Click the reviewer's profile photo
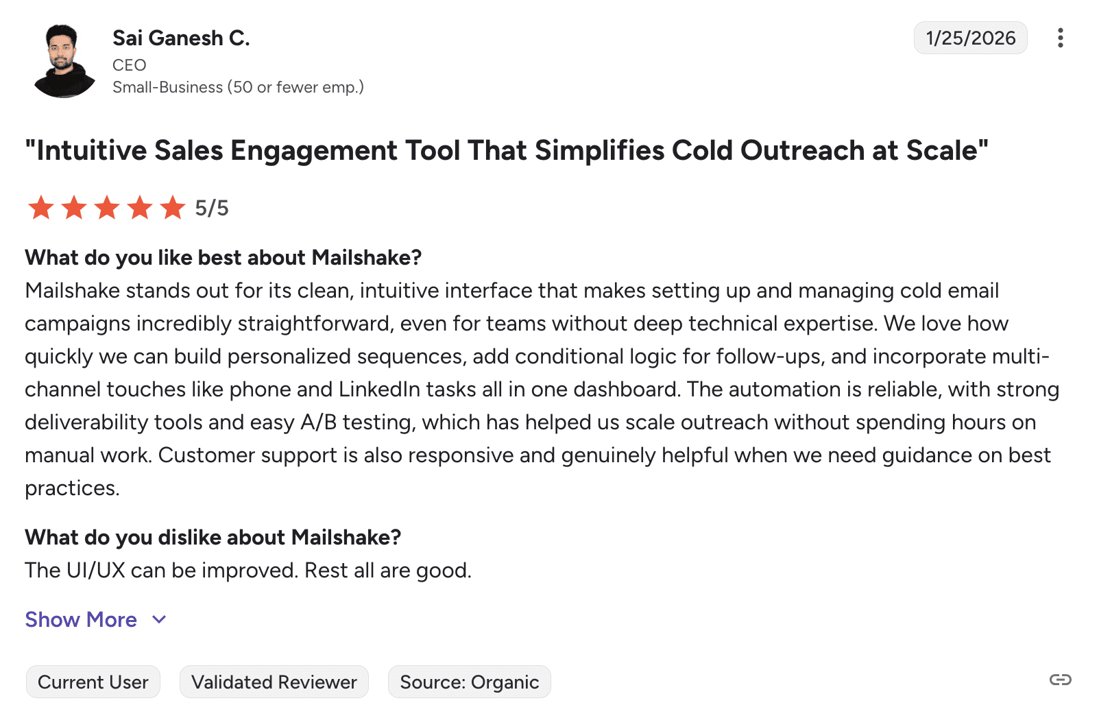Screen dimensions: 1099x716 tap(64, 61)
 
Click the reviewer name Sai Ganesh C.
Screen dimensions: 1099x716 tap(181, 38)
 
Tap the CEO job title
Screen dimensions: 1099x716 tap(129, 64)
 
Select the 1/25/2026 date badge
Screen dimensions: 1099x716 tap(970, 38)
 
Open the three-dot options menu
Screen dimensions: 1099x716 tap(1060, 38)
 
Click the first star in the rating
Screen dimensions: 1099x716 tap(40, 207)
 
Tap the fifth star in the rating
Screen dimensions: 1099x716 tap(173, 207)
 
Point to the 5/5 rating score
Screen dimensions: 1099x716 tap(211, 208)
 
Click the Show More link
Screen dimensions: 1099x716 tap(81, 619)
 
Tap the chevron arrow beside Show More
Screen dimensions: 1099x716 tap(159, 620)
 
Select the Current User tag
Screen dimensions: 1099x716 tap(93, 682)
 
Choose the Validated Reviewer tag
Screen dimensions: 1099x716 tap(274, 682)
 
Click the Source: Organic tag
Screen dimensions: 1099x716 tap(469, 682)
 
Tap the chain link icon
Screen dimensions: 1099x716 tap(1060, 680)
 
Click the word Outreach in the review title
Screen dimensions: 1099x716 tap(802, 150)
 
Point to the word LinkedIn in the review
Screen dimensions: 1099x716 tap(379, 389)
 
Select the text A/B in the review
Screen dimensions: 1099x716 tap(318, 422)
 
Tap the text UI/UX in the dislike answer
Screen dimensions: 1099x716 tap(96, 570)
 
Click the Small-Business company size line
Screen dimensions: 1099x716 tap(238, 87)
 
